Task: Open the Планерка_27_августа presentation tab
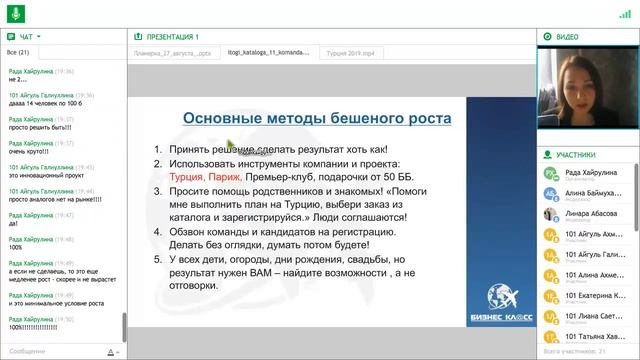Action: (x=171, y=53)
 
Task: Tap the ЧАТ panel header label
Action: (x=26, y=36)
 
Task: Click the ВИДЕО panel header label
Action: (x=567, y=36)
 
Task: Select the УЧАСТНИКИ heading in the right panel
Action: (x=576, y=155)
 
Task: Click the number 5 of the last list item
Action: (x=157, y=258)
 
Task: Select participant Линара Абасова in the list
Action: (x=589, y=213)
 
